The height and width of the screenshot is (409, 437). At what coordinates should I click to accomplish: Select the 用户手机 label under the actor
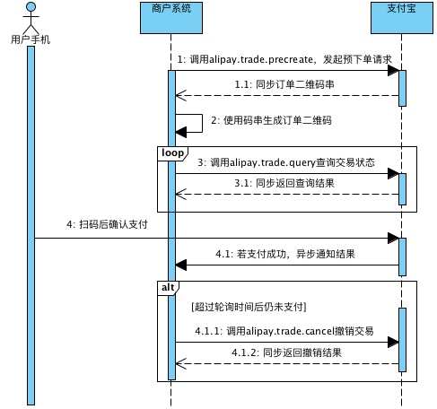pyautogui.click(x=30, y=40)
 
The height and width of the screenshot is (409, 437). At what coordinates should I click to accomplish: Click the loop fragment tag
pyautogui.click(x=171, y=152)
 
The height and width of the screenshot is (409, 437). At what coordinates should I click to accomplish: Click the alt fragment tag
pyautogui.click(x=168, y=287)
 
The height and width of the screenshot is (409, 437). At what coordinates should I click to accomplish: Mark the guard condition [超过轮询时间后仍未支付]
pyautogui.click(x=249, y=306)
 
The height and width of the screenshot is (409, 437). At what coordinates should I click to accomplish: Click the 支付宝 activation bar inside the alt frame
pyautogui.click(x=402, y=337)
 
